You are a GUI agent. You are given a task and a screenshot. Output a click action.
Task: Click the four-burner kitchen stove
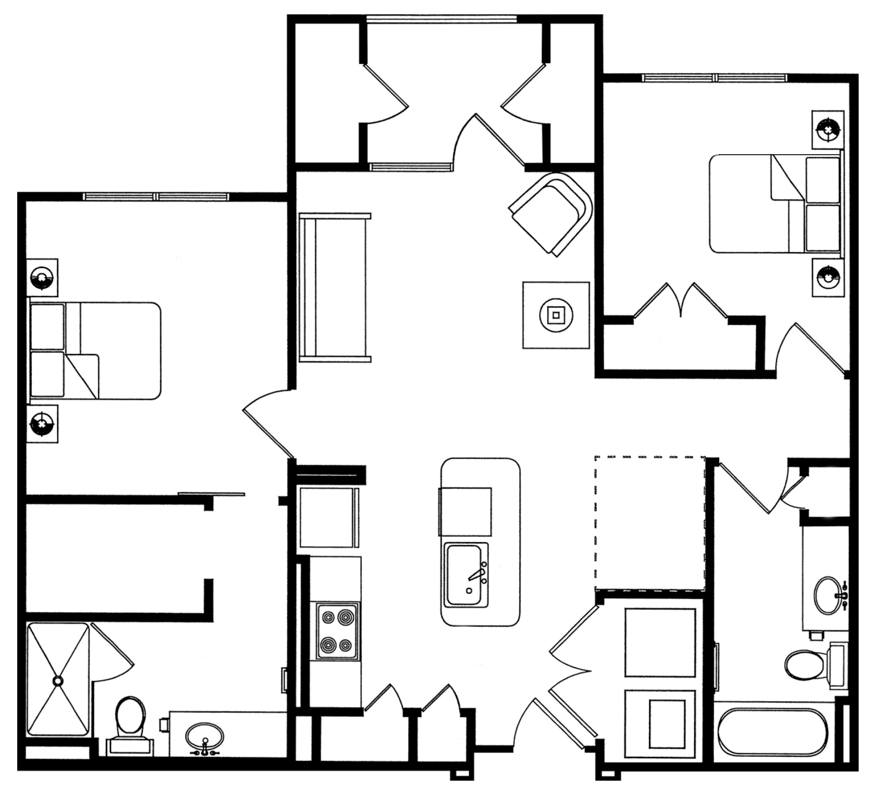pos(335,631)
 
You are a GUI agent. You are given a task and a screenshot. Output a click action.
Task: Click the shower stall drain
pos(58,681)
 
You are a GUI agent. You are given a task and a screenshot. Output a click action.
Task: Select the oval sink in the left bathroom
pos(204,737)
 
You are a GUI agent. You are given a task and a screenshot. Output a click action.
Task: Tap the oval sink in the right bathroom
pos(827,595)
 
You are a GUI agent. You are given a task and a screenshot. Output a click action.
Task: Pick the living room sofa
pos(334,287)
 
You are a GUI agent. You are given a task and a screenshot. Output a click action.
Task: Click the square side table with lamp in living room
pos(555,315)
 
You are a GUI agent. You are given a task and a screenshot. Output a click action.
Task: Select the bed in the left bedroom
pos(95,351)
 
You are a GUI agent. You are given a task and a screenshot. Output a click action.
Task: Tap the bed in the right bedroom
pos(775,204)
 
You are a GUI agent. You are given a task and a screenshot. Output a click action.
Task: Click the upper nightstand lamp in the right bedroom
pos(828,130)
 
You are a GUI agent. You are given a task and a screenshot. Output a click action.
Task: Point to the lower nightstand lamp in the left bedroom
pos(42,424)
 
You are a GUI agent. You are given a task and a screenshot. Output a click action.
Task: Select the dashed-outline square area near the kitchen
pos(649,524)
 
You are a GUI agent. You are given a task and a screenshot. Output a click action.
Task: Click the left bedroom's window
pos(157,197)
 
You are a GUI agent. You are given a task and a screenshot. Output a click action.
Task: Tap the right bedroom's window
pos(714,78)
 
